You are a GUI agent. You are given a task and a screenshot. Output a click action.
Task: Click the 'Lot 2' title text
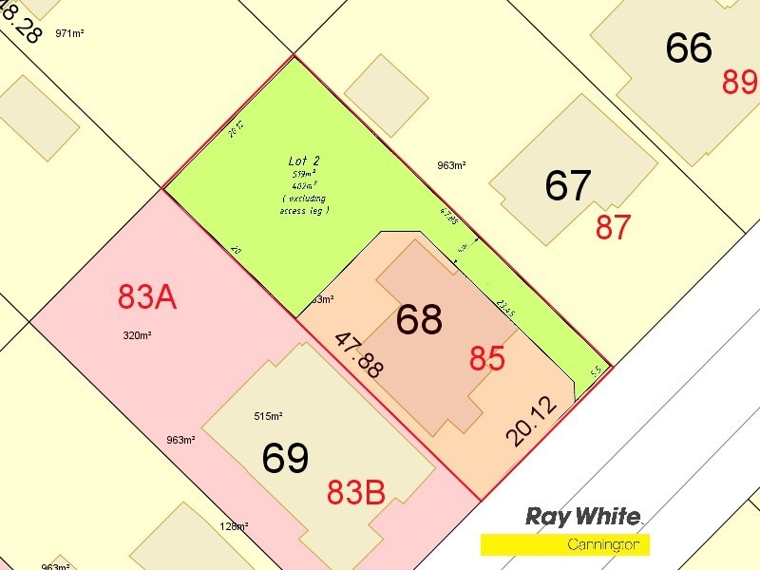(305, 161)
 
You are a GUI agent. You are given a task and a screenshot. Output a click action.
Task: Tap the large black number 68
(419, 320)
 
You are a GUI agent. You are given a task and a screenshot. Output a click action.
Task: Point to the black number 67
(568, 185)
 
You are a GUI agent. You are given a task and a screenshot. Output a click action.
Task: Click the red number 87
(614, 227)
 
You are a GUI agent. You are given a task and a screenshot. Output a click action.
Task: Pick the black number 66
(689, 47)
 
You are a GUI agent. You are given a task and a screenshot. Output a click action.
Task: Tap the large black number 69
(285, 459)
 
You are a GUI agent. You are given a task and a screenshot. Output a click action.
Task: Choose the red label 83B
(356, 492)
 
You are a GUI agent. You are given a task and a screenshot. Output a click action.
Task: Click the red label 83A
(147, 297)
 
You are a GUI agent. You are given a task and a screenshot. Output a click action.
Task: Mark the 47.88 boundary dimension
(358, 354)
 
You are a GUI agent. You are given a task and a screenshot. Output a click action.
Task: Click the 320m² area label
(138, 335)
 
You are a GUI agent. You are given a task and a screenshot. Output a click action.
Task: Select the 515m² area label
(269, 416)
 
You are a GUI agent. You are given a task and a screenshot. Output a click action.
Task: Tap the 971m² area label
(70, 33)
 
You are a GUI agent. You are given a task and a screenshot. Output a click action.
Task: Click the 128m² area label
(235, 526)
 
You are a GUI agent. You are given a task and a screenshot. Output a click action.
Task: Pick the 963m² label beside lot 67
(451, 165)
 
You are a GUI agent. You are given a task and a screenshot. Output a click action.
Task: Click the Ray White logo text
(583, 517)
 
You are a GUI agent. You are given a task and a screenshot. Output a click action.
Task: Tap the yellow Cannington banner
(565, 544)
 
